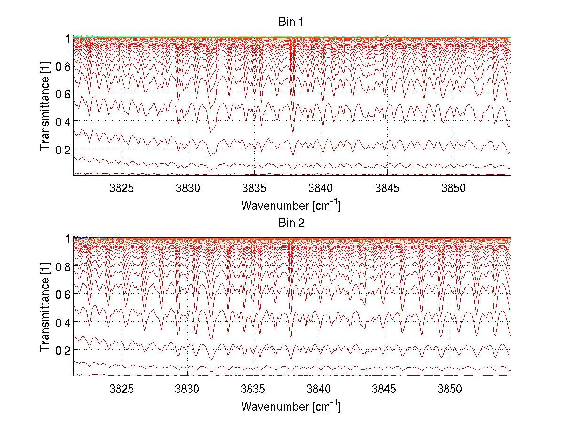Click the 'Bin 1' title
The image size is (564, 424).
click(291, 22)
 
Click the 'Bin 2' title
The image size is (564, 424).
click(291, 223)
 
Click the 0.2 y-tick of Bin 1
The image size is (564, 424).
click(63, 149)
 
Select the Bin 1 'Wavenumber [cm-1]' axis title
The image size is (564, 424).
click(291, 205)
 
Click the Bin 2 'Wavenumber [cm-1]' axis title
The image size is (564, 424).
click(291, 406)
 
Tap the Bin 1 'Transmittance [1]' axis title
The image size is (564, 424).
click(45, 106)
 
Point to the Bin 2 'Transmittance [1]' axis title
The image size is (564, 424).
click(45, 307)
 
